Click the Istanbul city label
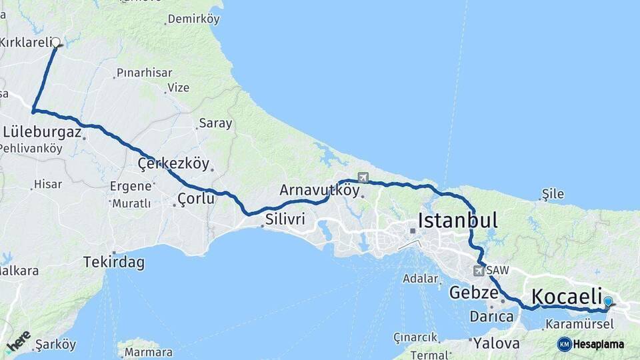pyautogui.click(x=458, y=220)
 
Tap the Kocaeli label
pyautogui.click(x=567, y=297)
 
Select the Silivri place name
pyautogui.click(x=285, y=219)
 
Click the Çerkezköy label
pyautogui.click(x=173, y=163)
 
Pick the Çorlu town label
pyautogui.click(x=196, y=198)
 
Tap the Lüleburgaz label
pyautogui.click(x=41, y=132)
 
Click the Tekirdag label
pyautogui.click(x=113, y=263)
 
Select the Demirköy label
pyautogui.click(x=193, y=19)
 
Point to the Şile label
pyautogui.click(x=553, y=194)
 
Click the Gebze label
pyautogui.click(x=473, y=293)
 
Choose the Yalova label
pyautogui.click(x=496, y=344)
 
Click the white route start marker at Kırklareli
pyautogui.click(x=56, y=42)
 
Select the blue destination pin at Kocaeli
pyautogui.click(x=608, y=302)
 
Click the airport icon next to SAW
pyautogui.click(x=479, y=271)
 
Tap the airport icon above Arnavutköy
pyautogui.click(x=363, y=177)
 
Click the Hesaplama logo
pyautogui.click(x=591, y=344)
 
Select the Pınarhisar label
pyautogui.click(x=144, y=73)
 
